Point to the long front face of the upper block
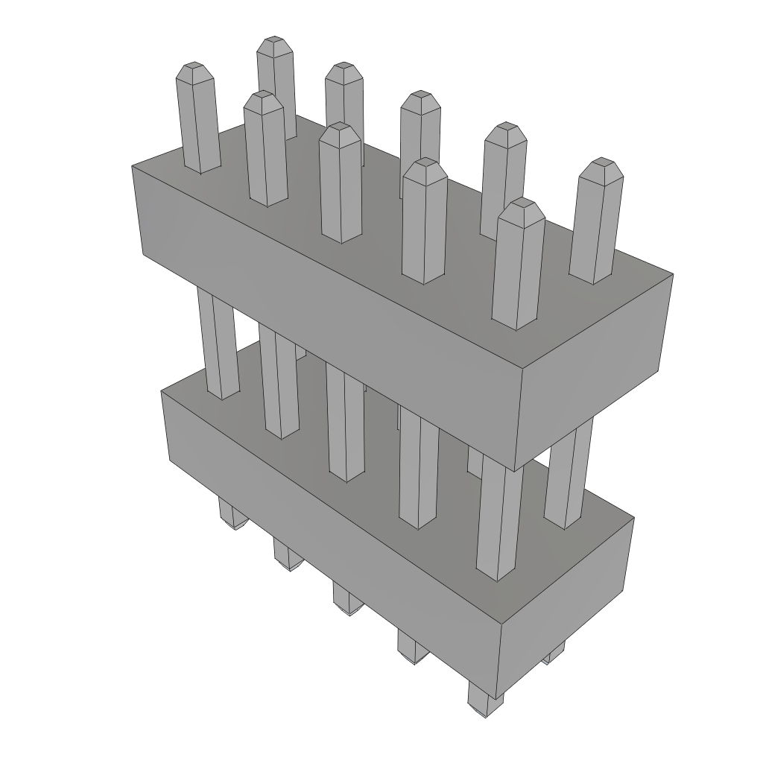(x=328, y=298)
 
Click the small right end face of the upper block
(x=596, y=373)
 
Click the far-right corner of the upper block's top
(x=672, y=274)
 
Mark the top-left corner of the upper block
(x=133, y=166)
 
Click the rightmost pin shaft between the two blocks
(x=569, y=477)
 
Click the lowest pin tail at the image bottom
(x=484, y=700)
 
